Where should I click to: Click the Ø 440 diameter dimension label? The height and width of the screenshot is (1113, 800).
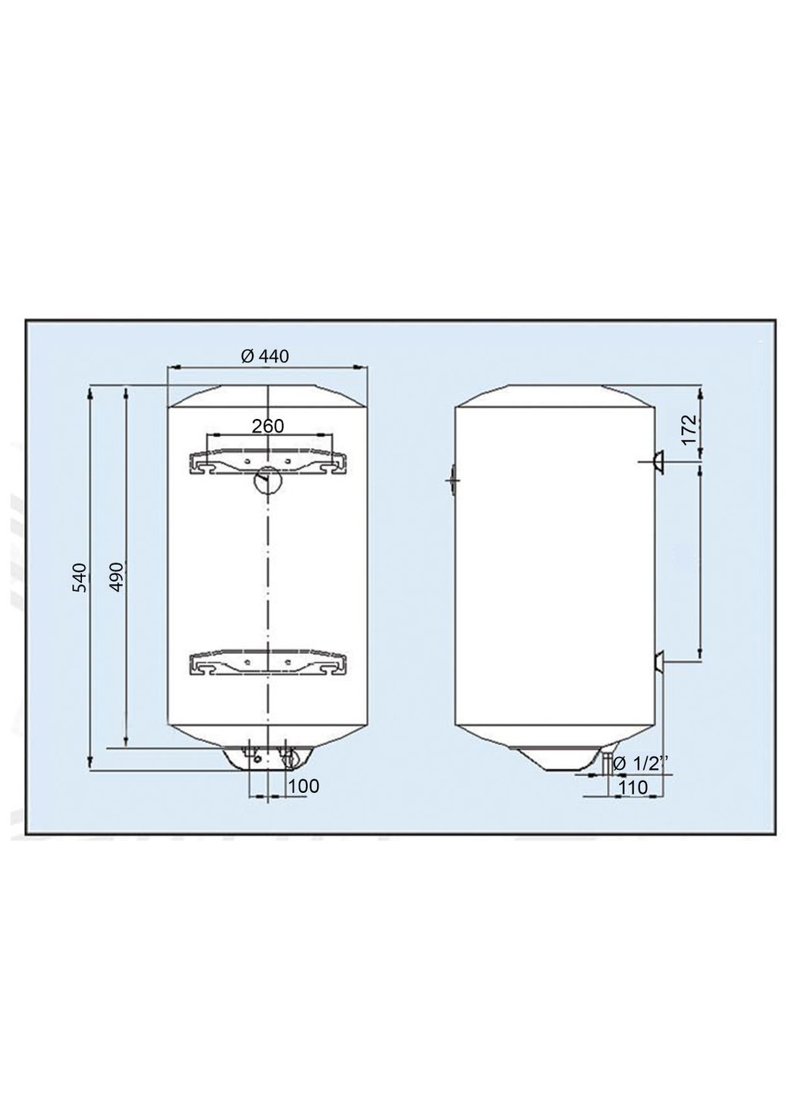[264, 356]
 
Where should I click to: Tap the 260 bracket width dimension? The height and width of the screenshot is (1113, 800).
[267, 426]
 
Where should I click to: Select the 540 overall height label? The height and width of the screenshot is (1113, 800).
[80, 578]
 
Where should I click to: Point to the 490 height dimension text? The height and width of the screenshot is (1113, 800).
[116, 577]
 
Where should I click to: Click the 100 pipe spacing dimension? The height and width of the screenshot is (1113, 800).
[303, 786]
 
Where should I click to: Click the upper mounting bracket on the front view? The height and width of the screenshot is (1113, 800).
[267, 462]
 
